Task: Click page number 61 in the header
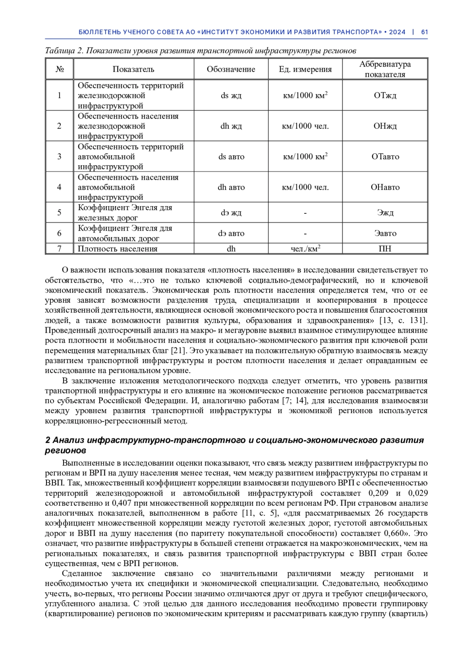click(x=424, y=32)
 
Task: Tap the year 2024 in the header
click(x=397, y=32)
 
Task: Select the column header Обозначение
click(x=231, y=69)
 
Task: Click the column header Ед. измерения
click(x=305, y=69)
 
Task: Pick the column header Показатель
click(x=133, y=69)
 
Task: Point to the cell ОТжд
click(x=385, y=95)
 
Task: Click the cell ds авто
click(x=231, y=157)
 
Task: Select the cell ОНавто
click(x=385, y=187)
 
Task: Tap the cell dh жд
click(x=231, y=126)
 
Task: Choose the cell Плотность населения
click(x=117, y=249)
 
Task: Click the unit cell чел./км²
click(x=305, y=248)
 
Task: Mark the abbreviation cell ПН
click(x=385, y=249)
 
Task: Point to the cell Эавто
click(x=385, y=233)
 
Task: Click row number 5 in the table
click(x=59, y=213)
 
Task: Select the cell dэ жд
click(x=231, y=213)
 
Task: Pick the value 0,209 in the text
click(x=378, y=493)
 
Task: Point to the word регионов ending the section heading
click(x=65, y=450)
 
